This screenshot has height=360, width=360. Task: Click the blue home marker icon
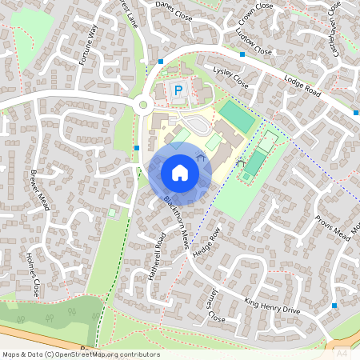click(179, 173)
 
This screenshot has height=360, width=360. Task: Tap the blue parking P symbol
click(178, 91)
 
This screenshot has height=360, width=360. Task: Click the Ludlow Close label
click(254, 45)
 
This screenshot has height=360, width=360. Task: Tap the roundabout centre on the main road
click(144, 104)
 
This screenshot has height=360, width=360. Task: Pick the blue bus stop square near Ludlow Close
click(242, 54)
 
